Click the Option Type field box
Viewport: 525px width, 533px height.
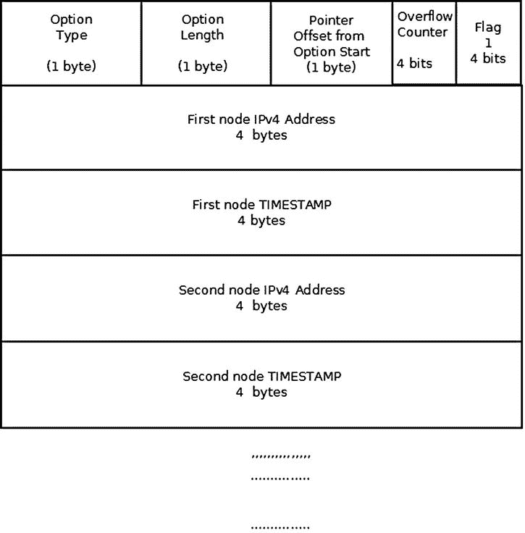pos(71,43)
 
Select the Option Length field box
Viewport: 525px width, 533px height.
pos(206,43)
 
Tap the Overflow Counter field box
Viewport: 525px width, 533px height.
pos(424,43)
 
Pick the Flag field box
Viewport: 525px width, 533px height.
pos(489,43)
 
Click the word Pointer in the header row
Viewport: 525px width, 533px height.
pos(332,20)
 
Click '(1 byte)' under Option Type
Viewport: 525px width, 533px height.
pos(71,67)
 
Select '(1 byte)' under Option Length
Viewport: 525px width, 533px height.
pos(203,67)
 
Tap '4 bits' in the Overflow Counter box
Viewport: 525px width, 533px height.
pos(414,63)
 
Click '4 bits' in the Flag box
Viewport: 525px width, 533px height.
pos(488,58)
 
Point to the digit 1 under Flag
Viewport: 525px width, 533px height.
pos(488,43)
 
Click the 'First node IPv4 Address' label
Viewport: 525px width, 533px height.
pos(261,119)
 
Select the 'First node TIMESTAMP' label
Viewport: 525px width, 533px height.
pos(261,204)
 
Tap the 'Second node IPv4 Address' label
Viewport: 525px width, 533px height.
pos(261,290)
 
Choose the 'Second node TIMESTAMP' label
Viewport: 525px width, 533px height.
pos(261,376)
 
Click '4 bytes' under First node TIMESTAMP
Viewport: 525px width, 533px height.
pos(261,220)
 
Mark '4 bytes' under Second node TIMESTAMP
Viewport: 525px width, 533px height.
pos(261,392)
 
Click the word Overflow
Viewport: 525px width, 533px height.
pos(424,16)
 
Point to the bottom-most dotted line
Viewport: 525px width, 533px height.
pos(280,528)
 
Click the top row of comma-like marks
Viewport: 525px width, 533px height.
pos(280,456)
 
